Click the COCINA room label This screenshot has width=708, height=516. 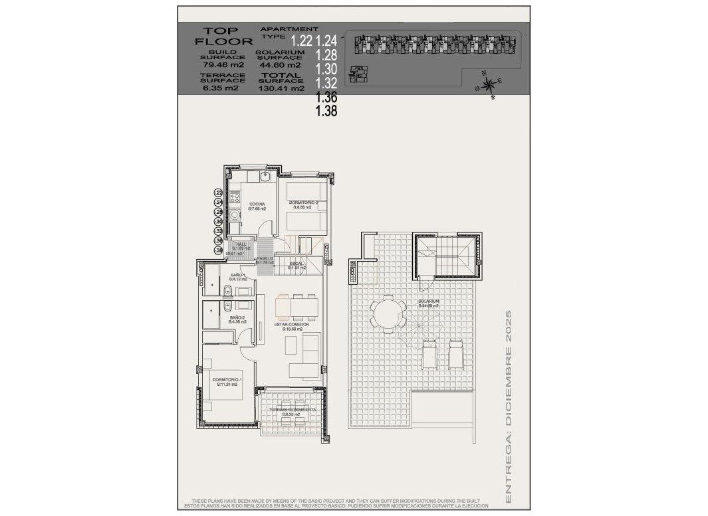tap(257, 204)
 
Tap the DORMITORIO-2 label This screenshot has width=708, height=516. tap(303, 203)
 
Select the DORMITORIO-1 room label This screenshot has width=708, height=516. tap(225, 380)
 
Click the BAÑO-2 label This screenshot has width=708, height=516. tap(237, 318)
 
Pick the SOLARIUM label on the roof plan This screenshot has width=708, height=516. tap(429, 301)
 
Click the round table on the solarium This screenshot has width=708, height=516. tap(386, 312)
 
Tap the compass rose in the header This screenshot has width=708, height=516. tap(489, 85)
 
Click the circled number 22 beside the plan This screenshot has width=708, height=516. tap(218, 193)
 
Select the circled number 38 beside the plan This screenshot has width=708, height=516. tap(218, 250)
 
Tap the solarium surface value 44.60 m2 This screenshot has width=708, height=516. tap(281, 65)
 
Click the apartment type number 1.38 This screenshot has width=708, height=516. tap(327, 112)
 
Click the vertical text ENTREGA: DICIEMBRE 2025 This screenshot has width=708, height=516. tap(509, 405)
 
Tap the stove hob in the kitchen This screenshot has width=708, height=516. tap(235, 197)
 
